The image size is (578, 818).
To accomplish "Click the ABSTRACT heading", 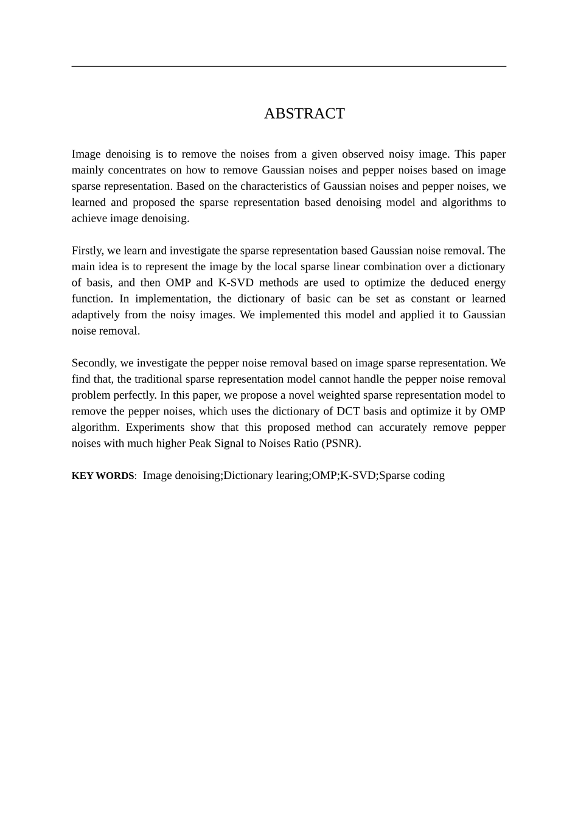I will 304,114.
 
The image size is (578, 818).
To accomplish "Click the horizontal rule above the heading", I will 288,66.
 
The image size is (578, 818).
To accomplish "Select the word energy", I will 487,282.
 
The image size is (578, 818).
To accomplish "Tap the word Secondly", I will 94,363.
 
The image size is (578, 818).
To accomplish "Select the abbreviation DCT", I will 349,411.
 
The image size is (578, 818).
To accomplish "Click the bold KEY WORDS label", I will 103,476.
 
